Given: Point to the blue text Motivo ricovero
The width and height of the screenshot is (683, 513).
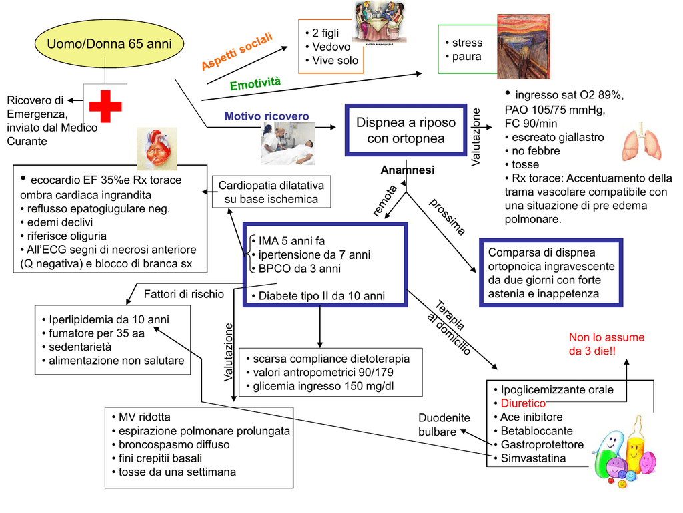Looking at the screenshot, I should pyautogui.click(x=267, y=116).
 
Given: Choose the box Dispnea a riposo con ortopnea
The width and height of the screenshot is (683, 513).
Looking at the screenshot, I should pyautogui.click(x=406, y=131).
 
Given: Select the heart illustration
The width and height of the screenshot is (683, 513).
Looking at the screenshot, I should pyautogui.click(x=157, y=149).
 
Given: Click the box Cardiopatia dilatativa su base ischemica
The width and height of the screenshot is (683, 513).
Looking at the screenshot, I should pyautogui.click(x=271, y=192).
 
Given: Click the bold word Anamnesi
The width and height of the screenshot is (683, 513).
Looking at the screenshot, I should pyautogui.click(x=407, y=170).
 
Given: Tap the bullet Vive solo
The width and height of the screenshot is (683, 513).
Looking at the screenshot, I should pyautogui.click(x=335, y=61).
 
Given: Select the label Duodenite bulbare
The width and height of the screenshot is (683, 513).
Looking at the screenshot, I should pyautogui.click(x=444, y=425).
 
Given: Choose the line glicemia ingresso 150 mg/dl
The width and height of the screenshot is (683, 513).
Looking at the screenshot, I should pyautogui.click(x=323, y=386).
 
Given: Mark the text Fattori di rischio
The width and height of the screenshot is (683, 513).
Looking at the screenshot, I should pyautogui.click(x=184, y=294).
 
